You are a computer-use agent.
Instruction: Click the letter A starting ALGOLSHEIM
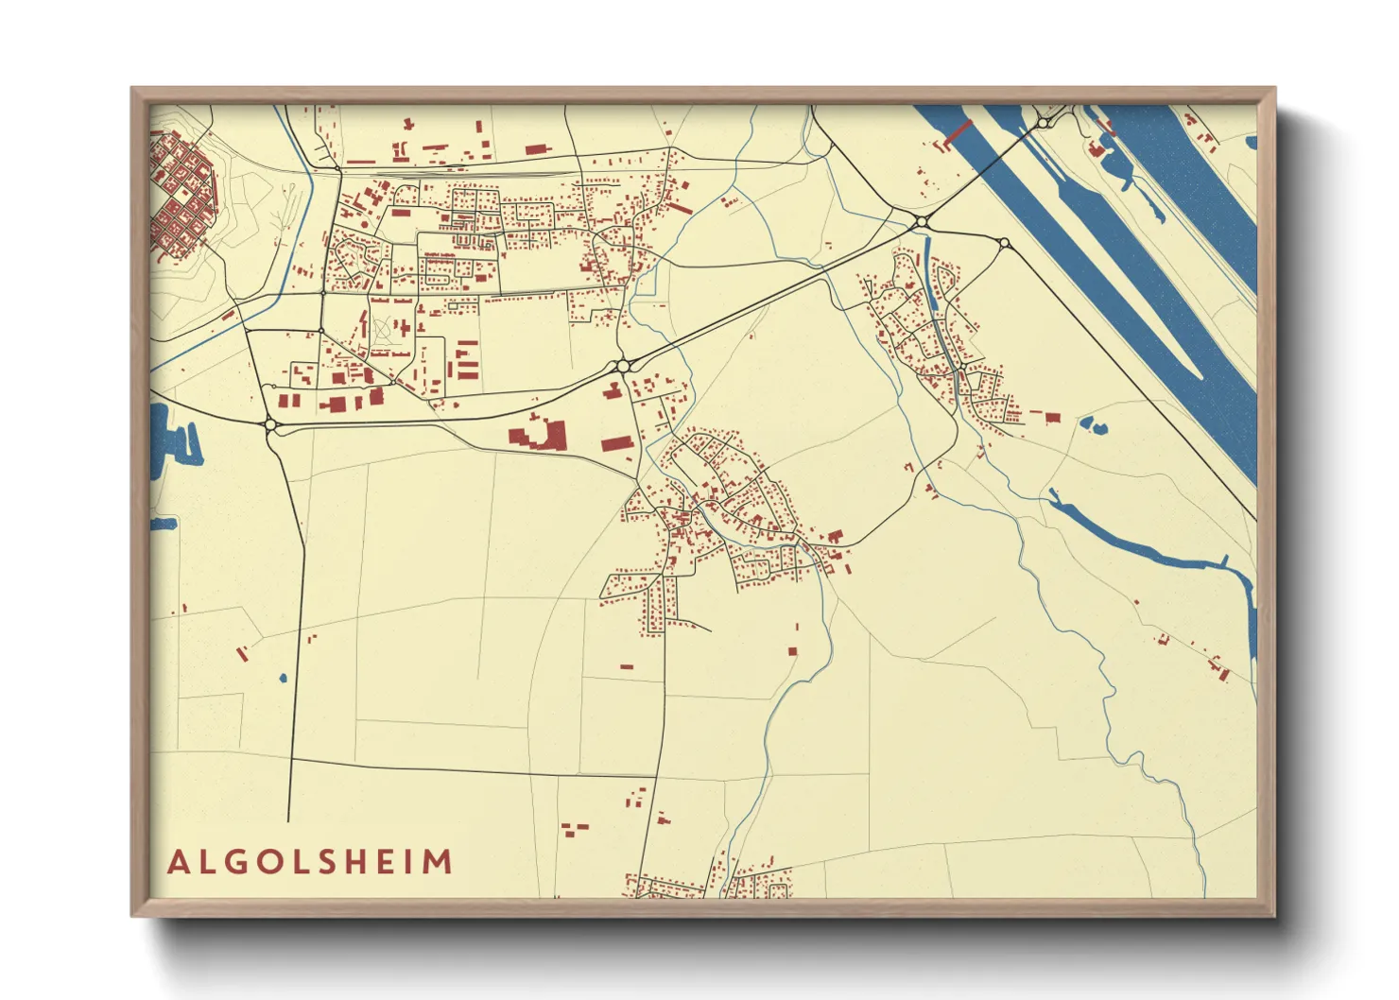[x=177, y=862]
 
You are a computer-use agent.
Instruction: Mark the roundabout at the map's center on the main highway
[x=622, y=366]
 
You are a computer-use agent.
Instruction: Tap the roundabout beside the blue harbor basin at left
[x=271, y=426]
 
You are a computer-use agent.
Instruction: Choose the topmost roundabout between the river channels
[x=1043, y=123]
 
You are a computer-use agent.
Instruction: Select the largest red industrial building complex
[x=539, y=436]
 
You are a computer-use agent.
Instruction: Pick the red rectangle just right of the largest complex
[x=615, y=443]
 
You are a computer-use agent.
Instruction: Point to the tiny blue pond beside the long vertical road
[x=283, y=678]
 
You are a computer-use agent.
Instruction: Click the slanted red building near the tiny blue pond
[x=242, y=652]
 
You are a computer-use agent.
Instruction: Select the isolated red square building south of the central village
[x=792, y=650]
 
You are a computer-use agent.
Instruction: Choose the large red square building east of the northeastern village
[x=1052, y=417]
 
